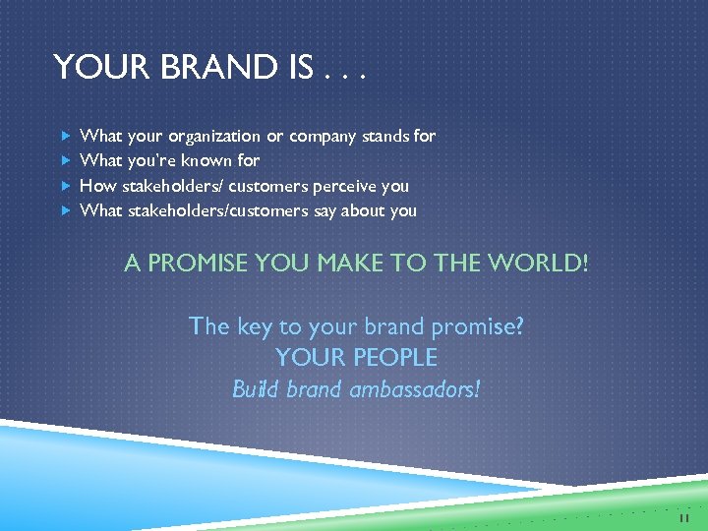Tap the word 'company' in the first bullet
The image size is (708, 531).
(x=324, y=136)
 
